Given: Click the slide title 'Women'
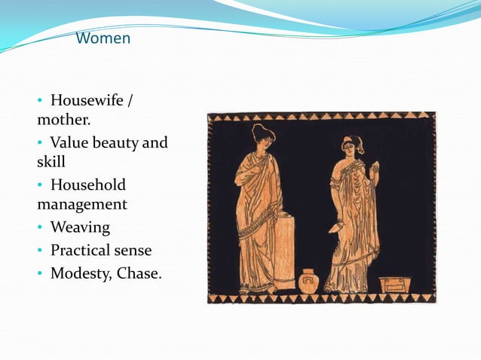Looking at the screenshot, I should pyautogui.click(x=104, y=38).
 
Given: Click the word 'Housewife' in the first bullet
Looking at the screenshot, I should pyautogui.click(x=87, y=100).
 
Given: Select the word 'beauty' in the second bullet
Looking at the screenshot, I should pyautogui.click(x=113, y=142).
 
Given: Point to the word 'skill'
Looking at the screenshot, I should pyautogui.click(x=51, y=161).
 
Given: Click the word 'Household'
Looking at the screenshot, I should pyautogui.click(x=87, y=185).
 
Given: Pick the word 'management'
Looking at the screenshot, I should pyautogui.click(x=81, y=204).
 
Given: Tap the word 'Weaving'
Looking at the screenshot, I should pyautogui.click(x=80, y=227).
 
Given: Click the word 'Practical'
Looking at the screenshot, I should pyautogui.click(x=81, y=249).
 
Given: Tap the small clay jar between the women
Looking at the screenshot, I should pyautogui.click(x=309, y=280).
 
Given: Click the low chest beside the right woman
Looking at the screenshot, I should pyautogui.click(x=394, y=285).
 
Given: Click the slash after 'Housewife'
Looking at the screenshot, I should pyautogui.click(x=133, y=100).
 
